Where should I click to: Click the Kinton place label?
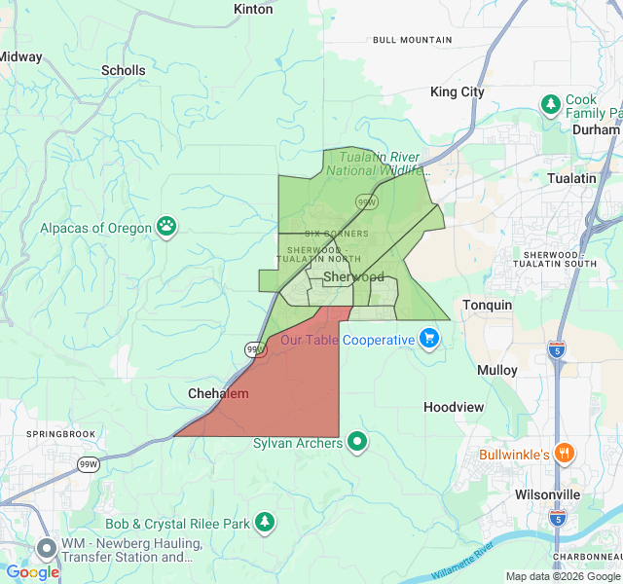pyautogui.click(x=254, y=9)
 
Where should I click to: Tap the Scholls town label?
pyautogui.click(x=124, y=70)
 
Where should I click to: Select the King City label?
pyautogui.click(x=458, y=92)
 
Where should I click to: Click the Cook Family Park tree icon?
pyautogui.click(x=551, y=103)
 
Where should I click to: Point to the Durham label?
pyautogui.click(x=596, y=129)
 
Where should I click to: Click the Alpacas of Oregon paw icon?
pyautogui.click(x=167, y=227)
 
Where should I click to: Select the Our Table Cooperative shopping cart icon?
pyautogui.click(x=429, y=339)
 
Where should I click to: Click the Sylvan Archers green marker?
pyautogui.click(x=357, y=442)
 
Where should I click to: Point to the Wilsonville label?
pyautogui.click(x=547, y=494)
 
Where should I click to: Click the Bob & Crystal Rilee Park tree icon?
pyautogui.click(x=265, y=523)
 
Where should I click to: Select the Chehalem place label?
pyautogui.click(x=218, y=394)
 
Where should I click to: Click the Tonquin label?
pyautogui.click(x=487, y=306)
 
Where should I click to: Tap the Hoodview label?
pyautogui.click(x=454, y=407)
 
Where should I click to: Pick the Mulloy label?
pyautogui.click(x=497, y=371)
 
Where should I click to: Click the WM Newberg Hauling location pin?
pyautogui.click(x=46, y=547)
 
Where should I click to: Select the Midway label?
pyautogui.click(x=19, y=57)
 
